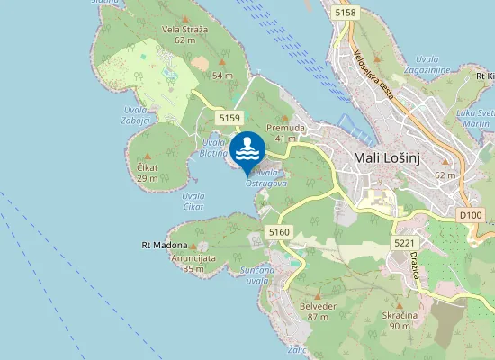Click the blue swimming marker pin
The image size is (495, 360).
pyautogui.click(x=247, y=149)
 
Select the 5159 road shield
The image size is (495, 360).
pyautogui.click(x=229, y=117)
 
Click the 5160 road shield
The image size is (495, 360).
pyautogui.click(x=279, y=232)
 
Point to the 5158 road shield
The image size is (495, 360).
pyautogui.click(x=345, y=13)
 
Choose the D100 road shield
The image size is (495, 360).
pyautogui.click(x=470, y=215)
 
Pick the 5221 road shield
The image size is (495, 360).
pyautogui.click(x=404, y=243)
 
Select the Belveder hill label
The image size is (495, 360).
pyautogui.click(x=317, y=311)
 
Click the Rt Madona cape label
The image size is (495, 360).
pyautogui.click(x=165, y=245)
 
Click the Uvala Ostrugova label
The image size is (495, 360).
pyautogui.click(x=269, y=176)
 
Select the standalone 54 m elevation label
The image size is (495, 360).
pyautogui.click(x=222, y=76)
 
